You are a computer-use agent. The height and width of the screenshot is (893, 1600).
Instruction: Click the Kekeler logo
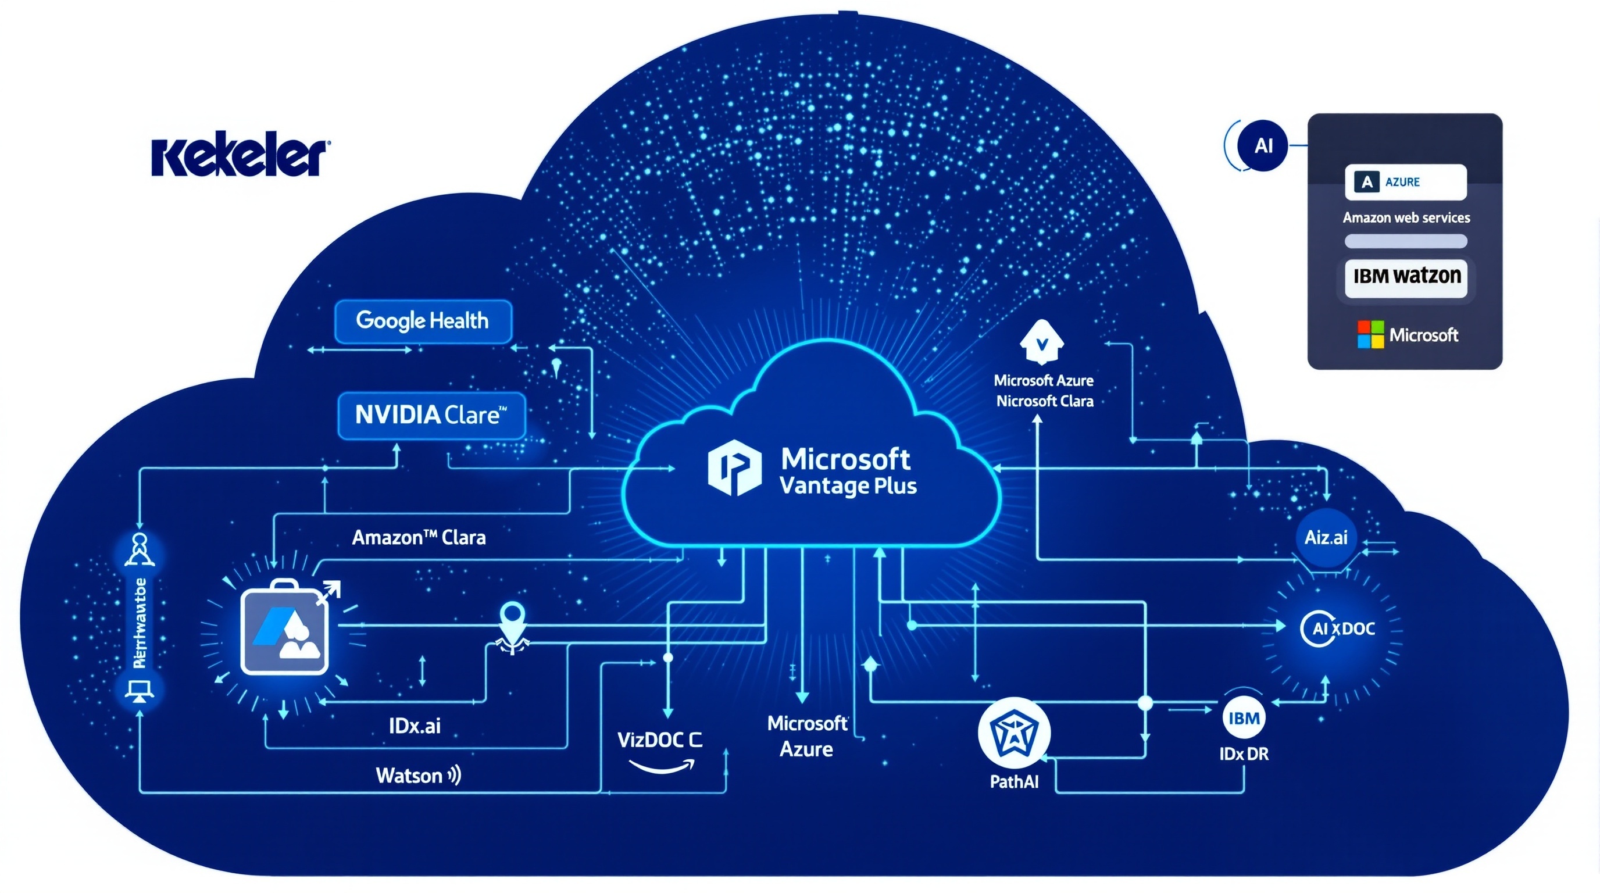(240, 157)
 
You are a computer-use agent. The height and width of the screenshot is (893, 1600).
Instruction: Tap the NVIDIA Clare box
(431, 415)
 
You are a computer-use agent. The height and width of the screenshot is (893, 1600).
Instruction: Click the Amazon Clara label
(419, 537)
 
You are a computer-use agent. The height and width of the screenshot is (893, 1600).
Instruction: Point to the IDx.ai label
(415, 726)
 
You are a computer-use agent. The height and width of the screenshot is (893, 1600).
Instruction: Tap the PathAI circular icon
(1014, 733)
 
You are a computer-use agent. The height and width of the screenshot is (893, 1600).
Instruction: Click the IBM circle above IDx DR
(1244, 718)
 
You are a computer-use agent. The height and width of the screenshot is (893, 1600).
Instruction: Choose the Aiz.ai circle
(1326, 537)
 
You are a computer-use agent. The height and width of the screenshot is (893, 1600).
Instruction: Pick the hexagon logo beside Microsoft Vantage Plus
(734, 467)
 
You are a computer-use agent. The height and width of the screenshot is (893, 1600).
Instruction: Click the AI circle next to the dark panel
(1263, 146)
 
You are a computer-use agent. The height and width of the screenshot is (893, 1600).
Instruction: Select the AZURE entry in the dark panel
(1405, 182)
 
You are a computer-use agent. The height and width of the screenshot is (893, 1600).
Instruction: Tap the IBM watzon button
(1406, 276)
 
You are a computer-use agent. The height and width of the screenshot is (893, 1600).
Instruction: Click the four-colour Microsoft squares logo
(1370, 334)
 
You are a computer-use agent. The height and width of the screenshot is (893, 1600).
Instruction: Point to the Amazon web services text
(1406, 217)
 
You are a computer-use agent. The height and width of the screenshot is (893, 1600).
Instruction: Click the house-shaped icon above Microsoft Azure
(1042, 341)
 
